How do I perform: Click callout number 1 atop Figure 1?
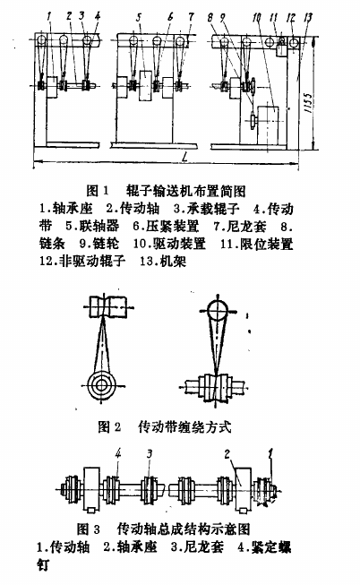pyautogui.click(x=49, y=17)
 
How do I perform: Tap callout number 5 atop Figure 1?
pyautogui.click(x=139, y=17)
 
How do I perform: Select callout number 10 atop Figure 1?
pyautogui.click(x=257, y=18)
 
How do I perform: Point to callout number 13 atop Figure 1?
pyautogui.click(x=308, y=18)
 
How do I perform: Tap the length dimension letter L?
pyautogui.click(x=184, y=158)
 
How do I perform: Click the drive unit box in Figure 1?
pyautogui.click(x=268, y=126)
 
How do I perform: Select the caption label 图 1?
pyautogui.click(x=98, y=191)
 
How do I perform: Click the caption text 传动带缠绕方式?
pyautogui.click(x=184, y=426)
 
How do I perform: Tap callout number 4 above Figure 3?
pyautogui.click(x=118, y=453)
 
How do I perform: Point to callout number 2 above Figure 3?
pyautogui.click(x=227, y=454)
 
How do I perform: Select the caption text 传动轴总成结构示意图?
pyautogui.click(x=184, y=529)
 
